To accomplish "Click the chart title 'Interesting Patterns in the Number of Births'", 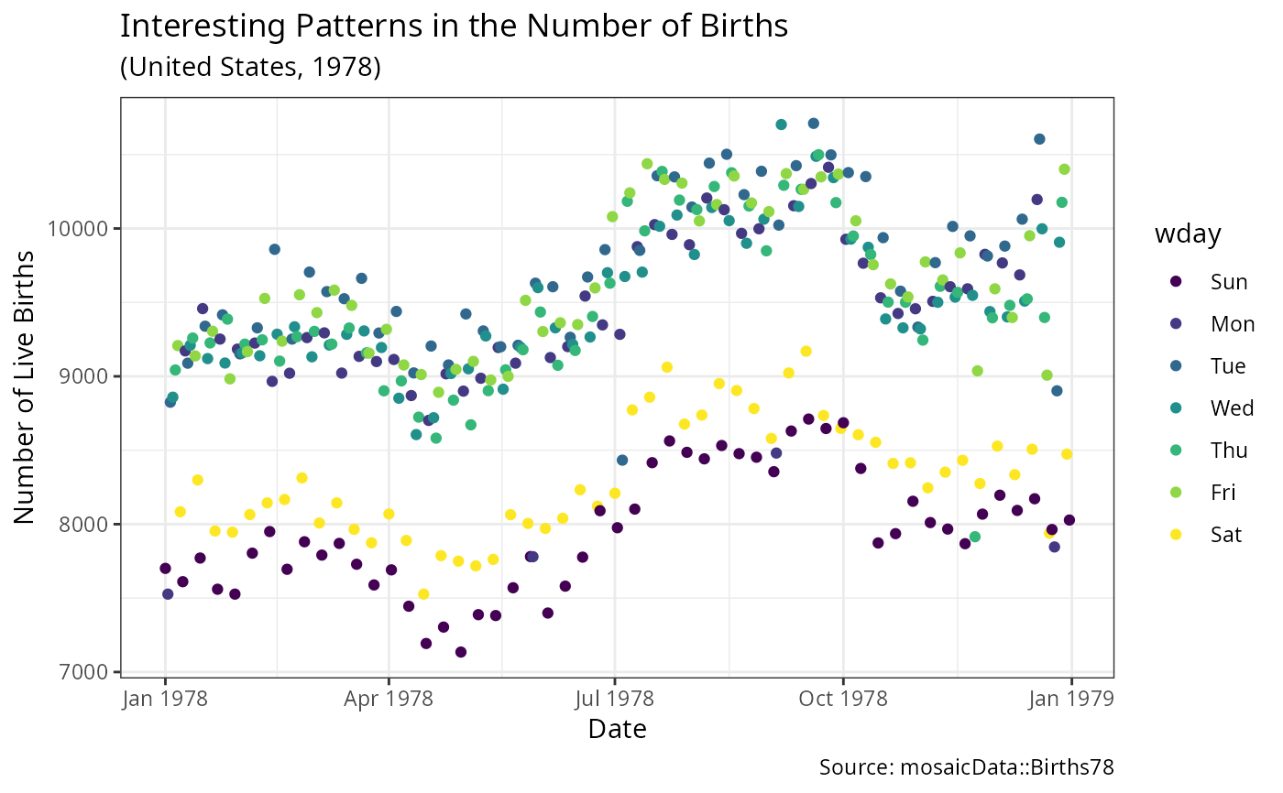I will pyautogui.click(x=454, y=27).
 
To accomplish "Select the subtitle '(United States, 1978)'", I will pyautogui.click(x=250, y=68).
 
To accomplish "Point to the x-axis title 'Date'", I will pyautogui.click(x=617, y=730).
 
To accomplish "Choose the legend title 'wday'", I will pyautogui.click(x=1188, y=235).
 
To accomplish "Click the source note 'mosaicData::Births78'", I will pyautogui.click(x=966, y=767).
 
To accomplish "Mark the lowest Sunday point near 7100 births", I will pyautogui.click(x=461, y=652).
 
